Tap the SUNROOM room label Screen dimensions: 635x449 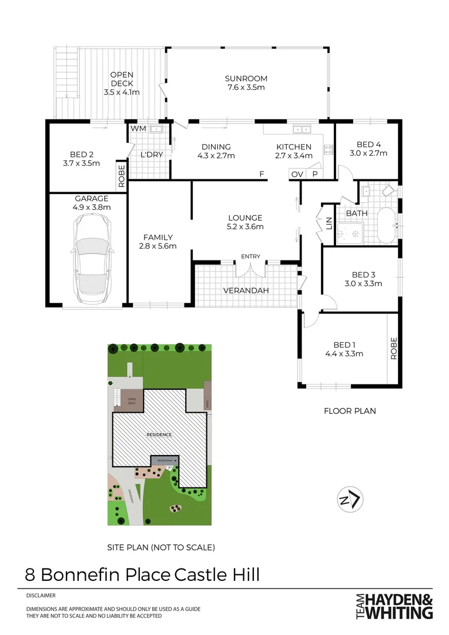point(246,78)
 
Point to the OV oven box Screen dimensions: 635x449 point(297,174)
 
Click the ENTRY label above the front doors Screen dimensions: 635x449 point(250,257)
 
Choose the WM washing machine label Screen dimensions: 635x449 point(138,128)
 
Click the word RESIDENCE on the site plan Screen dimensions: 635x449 point(160,435)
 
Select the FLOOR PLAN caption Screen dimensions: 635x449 point(350,411)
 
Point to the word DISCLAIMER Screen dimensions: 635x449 point(41,595)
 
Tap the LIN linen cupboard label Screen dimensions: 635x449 point(329,223)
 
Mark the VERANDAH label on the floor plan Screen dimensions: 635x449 point(246,291)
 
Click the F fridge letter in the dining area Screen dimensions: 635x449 point(263,174)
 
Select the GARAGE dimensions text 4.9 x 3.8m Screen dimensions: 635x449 point(91,207)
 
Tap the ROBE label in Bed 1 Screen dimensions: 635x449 point(394,347)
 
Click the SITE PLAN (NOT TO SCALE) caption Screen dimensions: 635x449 point(160,547)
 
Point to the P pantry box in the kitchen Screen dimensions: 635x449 point(314,174)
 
